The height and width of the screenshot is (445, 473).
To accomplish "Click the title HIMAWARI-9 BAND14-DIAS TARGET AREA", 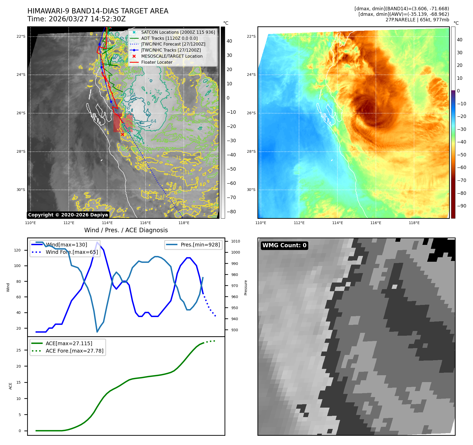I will point(98,11).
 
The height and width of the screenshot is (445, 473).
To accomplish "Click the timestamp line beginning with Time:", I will point(76,19).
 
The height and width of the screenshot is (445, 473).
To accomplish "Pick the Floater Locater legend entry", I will point(157,62).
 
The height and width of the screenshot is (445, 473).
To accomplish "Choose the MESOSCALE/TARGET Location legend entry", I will point(172,56).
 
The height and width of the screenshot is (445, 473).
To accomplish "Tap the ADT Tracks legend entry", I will point(169,38).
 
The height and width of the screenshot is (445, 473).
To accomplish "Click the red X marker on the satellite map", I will point(122,135).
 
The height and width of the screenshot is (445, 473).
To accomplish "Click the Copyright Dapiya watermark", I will point(68,215).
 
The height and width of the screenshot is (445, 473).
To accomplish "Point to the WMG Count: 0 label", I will point(284,245).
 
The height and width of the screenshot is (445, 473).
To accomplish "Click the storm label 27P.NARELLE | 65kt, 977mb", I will point(417,20).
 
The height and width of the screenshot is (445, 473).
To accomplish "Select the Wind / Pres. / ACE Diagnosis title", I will point(126,230).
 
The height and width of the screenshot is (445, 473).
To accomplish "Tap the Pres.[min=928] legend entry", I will point(200,245).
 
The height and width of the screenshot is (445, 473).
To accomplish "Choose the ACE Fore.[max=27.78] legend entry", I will point(74,351).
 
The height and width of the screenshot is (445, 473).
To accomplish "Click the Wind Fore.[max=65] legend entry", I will point(72,252).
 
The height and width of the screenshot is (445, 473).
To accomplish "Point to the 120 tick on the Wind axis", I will point(17,250).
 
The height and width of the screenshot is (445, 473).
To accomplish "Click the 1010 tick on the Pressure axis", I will point(236,241).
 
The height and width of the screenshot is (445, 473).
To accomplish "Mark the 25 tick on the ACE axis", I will point(19,350).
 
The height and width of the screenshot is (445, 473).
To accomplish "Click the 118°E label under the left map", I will point(184,223).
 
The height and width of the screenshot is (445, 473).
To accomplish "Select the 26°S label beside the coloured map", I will point(251,113).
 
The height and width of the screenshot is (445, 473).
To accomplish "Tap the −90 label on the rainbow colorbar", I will point(461,206).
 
